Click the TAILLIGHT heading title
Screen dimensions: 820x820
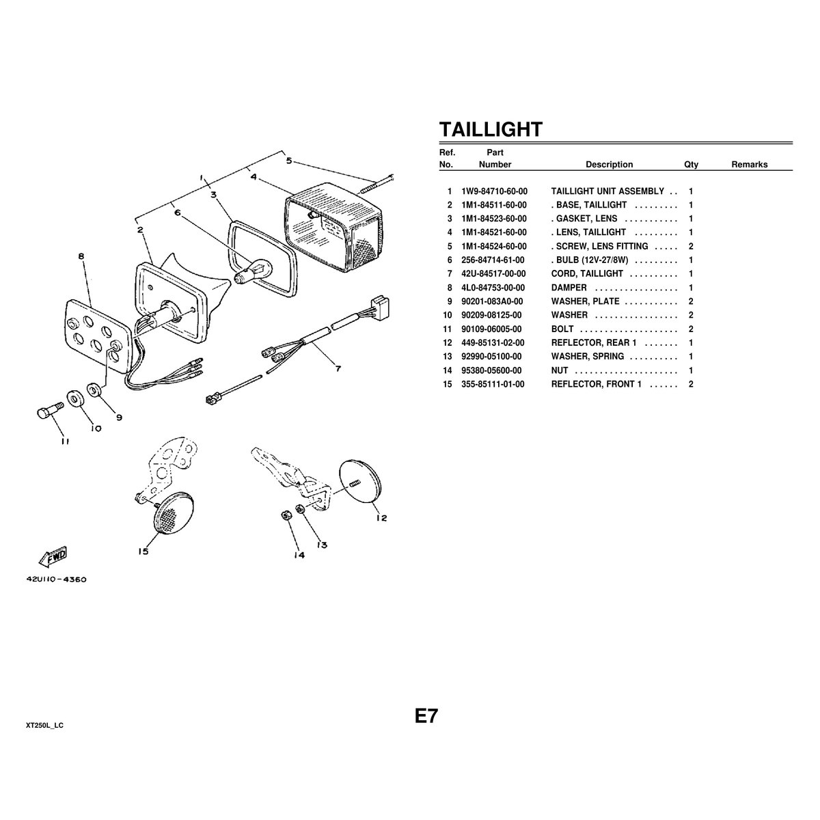(x=490, y=129)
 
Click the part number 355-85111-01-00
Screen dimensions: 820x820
(x=493, y=385)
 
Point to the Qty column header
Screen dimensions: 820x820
(x=691, y=165)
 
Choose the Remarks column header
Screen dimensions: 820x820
(x=749, y=165)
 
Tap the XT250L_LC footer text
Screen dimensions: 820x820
(x=44, y=724)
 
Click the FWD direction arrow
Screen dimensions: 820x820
(x=53, y=556)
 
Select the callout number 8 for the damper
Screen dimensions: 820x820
(x=81, y=256)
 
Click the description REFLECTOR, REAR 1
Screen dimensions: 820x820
(x=593, y=343)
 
